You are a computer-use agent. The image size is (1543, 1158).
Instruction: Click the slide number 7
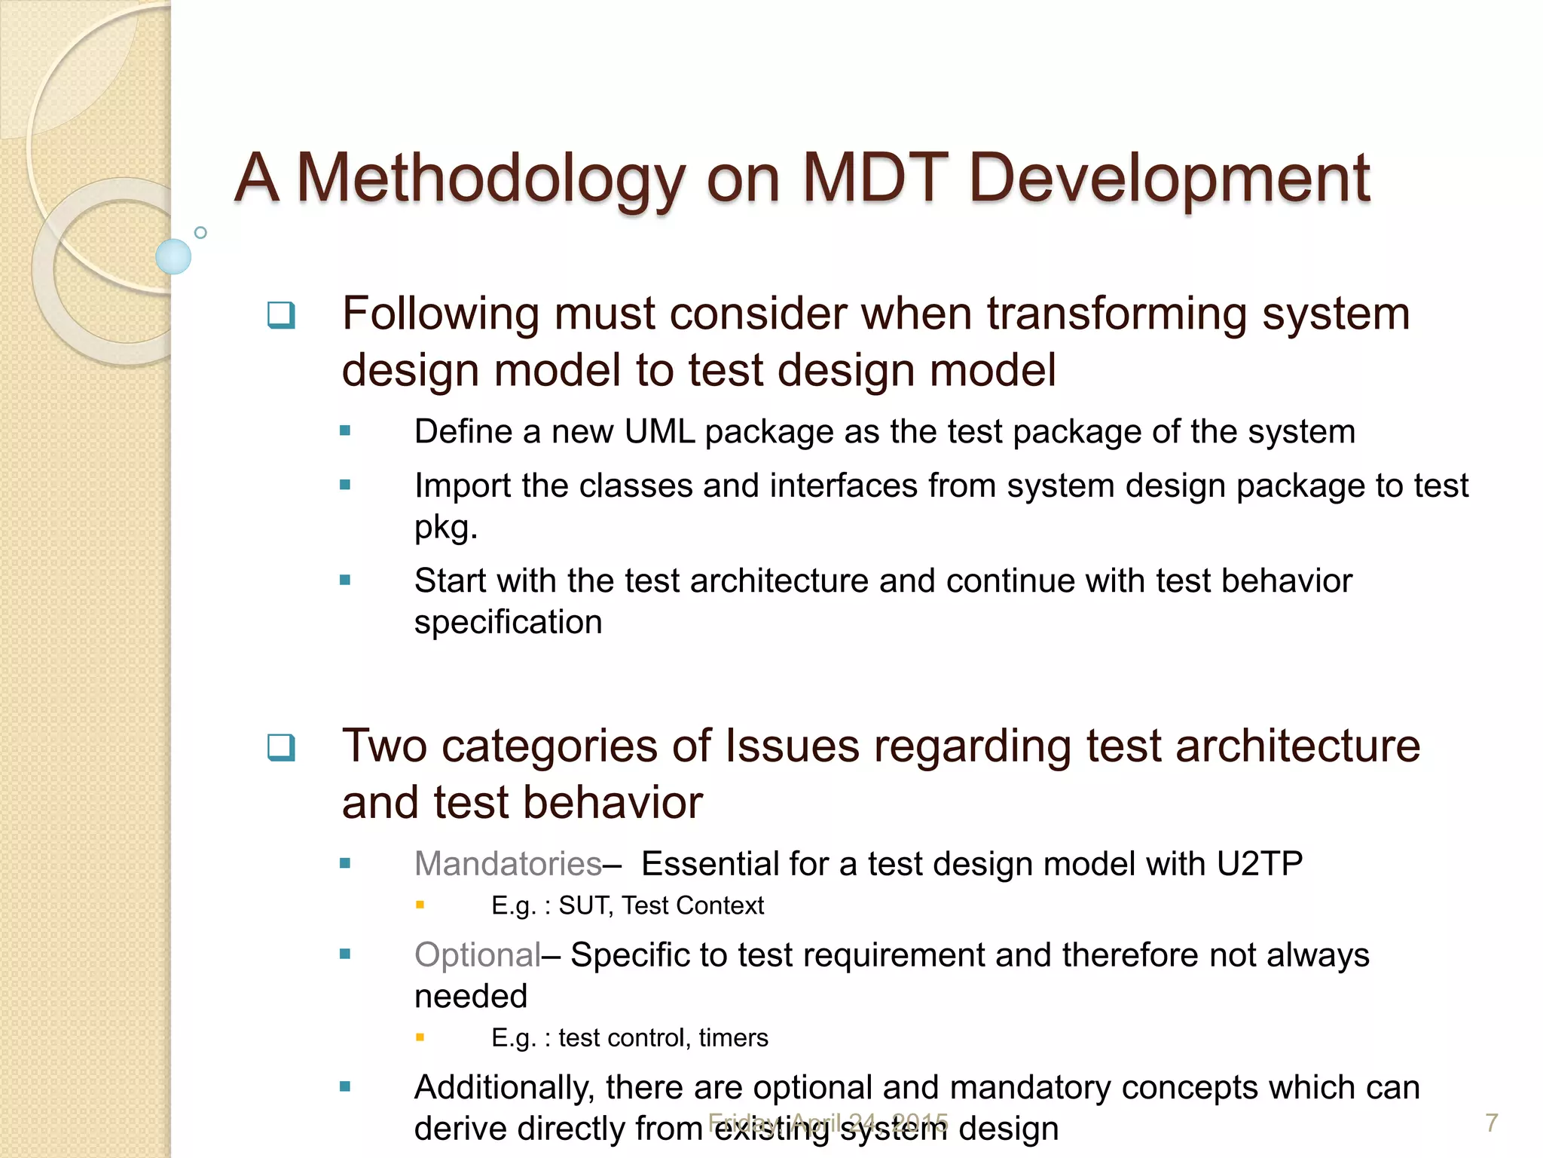tap(1491, 1123)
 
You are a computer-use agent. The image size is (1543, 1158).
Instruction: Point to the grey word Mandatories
tap(508, 864)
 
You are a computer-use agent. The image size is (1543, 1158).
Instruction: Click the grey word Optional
tap(477, 955)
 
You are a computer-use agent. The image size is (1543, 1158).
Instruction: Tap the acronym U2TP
tap(1259, 864)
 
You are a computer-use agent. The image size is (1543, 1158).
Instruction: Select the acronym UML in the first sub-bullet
tap(659, 432)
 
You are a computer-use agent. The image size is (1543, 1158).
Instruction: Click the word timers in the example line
tap(733, 1038)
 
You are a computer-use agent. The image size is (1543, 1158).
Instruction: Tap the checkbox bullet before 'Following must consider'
tap(281, 315)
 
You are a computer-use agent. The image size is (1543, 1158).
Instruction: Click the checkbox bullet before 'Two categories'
tap(281, 747)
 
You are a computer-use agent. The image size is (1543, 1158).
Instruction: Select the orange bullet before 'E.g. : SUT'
tap(420, 905)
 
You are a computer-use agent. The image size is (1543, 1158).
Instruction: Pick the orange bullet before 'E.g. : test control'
tap(420, 1037)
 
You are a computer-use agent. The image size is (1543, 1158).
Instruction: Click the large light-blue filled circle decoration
tap(173, 256)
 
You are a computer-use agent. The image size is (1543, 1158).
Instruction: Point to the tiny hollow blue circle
tap(200, 233)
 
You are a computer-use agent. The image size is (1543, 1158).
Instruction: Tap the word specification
tap(508, 623)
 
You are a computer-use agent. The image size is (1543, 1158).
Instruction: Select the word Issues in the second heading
tap(792, 746)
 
